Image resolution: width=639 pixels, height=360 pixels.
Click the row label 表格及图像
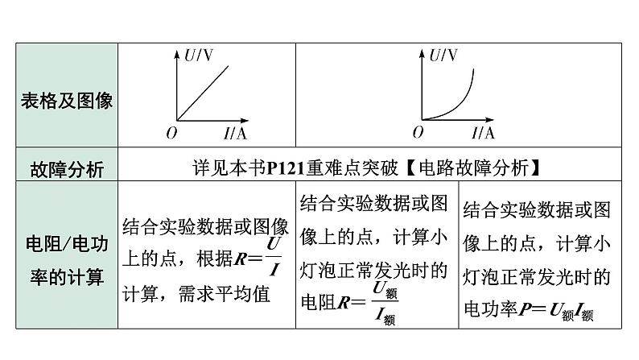click(x=67, y=101)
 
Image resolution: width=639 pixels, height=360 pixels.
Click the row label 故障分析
click(x=67, y=168)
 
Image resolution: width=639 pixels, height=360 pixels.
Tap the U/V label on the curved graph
click(x=443, y=56)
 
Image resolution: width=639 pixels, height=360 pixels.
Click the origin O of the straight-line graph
click(x=171, y=132)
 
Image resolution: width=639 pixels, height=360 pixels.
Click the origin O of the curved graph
click(x=417, y=132)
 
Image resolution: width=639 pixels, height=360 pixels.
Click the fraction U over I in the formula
click(x=274, y=256)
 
